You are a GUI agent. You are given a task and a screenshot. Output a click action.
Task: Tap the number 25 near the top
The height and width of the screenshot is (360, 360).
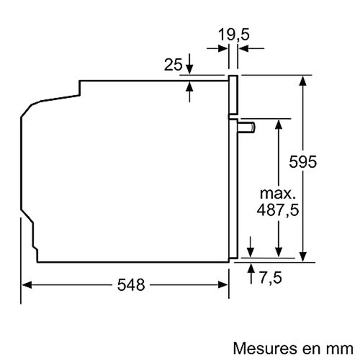[x=172, y=66]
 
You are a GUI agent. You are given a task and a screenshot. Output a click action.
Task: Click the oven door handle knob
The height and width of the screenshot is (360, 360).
[x=248, y=128]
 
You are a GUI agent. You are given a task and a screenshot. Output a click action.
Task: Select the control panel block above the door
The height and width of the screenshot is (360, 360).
[x=233, y=94]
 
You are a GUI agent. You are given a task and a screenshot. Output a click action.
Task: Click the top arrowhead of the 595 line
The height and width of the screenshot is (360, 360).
[x=304, y=80]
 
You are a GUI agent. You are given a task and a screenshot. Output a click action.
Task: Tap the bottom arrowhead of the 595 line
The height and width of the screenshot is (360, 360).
[x=304, y=252]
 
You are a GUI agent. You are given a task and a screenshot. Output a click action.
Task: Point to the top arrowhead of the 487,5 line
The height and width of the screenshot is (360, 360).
[x=278, y=124]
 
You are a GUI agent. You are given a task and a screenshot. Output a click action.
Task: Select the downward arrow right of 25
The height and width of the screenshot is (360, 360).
[x=190, y=68]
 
